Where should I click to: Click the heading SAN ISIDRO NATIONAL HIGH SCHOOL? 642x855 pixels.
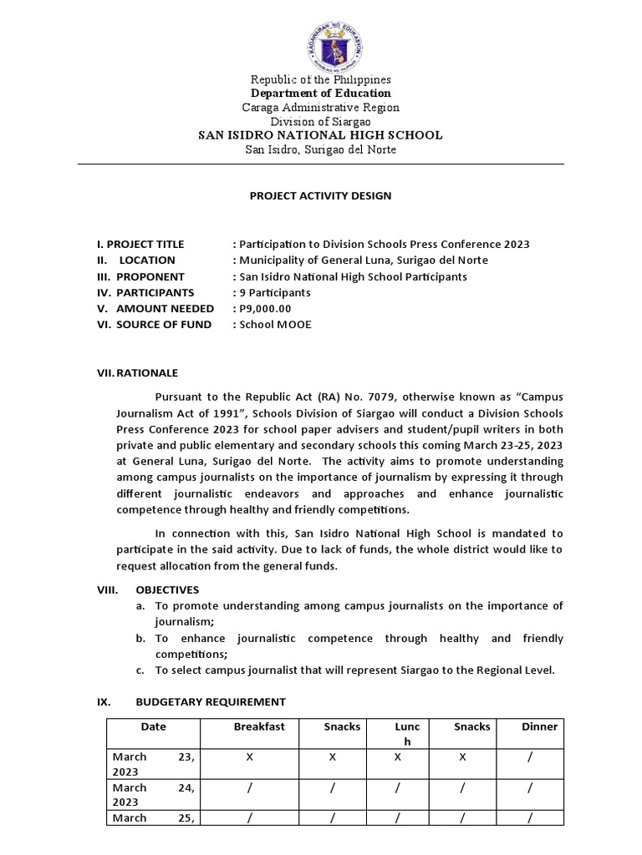pyautogui.click(x=320, y=135)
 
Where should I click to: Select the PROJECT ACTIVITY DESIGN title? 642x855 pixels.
pyautogui.click(x=321, y=196)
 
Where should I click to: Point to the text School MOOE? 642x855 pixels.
pyautogui.click(x=275, y=324)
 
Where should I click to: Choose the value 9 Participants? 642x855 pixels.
pyautogui.click(x=275, y=292)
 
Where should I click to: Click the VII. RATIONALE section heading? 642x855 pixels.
pyautogui.click(x=137, y=373)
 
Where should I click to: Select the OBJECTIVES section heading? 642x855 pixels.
pyautogui.click(x=167, y=589)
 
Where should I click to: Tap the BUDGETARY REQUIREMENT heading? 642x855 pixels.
pyautogui.click(x=210, y=701)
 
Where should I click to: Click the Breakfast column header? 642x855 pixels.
pyautogui.click(x=259, y=726)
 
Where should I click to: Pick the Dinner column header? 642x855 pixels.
pyautogui.click(x=539, y=726)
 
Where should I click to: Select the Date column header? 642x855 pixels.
pyautogui.click(x=154, y=726)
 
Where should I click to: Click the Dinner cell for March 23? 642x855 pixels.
pyautogui.click(x=528, y=756)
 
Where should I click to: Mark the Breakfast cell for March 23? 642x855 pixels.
pyautogui.click(x=249, y=756)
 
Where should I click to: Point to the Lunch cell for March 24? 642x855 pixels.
pyautogui.click(x=398, y=787)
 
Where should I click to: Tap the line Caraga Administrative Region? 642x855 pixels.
pyautogui.click(x=321, y=107)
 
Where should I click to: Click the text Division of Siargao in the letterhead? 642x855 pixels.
pyautogui.click(x=321, y=121)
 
